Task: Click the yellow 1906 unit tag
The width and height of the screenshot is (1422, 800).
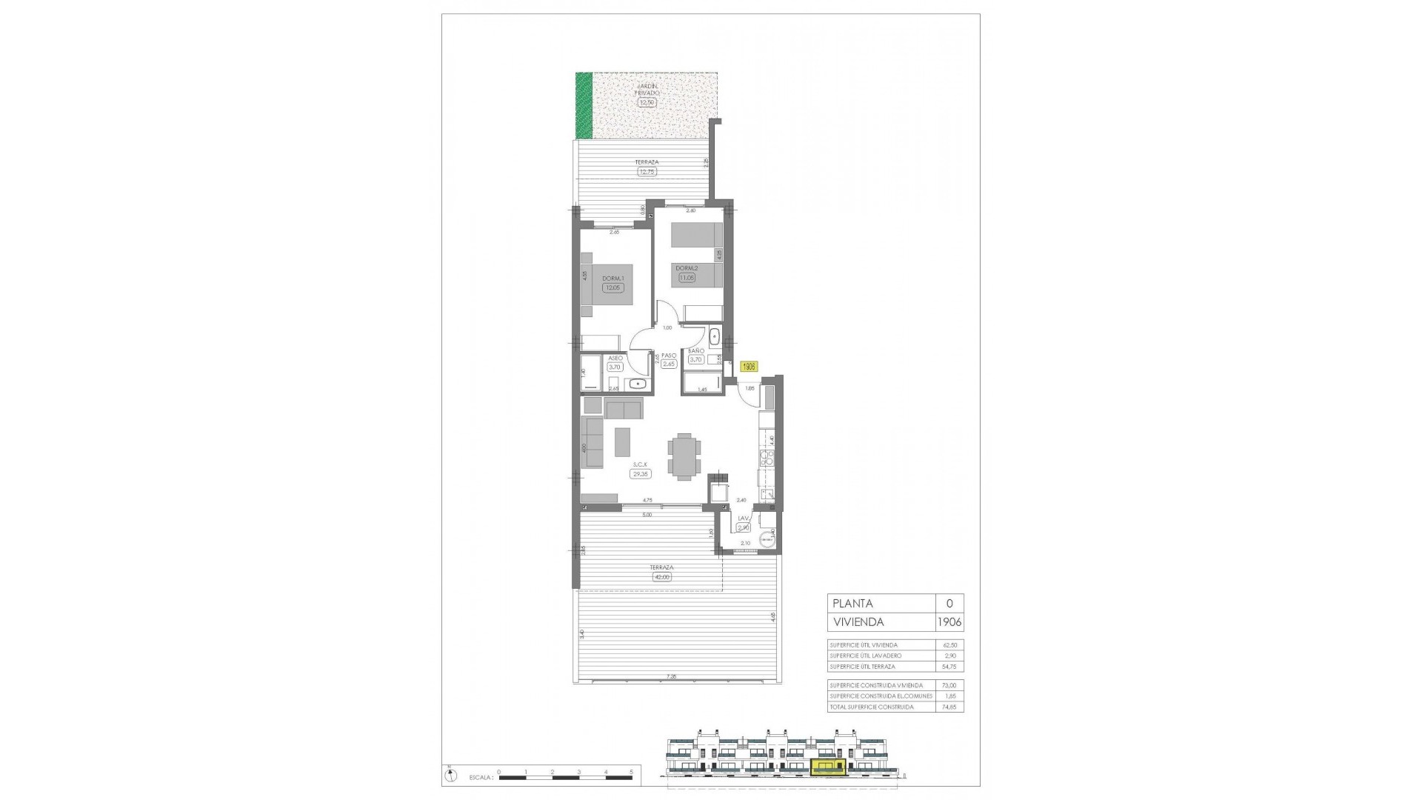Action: coord(749,366)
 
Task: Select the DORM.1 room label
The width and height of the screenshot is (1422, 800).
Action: coord(613,279)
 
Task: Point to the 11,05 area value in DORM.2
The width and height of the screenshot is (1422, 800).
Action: coord(687,278)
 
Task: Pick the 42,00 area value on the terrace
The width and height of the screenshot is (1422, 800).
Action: coord(661,577)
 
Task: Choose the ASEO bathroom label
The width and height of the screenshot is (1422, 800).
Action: coord(615,358)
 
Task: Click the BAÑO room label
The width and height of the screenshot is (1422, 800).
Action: coord(696,351)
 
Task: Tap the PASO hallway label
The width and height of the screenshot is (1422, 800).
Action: coord(669,356)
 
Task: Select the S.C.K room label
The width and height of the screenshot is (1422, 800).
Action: coord(640,464)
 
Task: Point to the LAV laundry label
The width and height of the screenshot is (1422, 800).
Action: coord(744,519)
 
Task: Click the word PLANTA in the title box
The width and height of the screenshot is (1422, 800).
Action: coord(852,604)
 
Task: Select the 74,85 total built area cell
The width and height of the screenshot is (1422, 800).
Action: coord(949,707)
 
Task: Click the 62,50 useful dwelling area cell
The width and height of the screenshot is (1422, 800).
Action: coord(949,645)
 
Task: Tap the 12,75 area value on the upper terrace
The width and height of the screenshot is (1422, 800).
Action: coord(647,172)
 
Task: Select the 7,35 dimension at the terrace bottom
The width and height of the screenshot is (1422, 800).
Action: coord(672,676)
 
